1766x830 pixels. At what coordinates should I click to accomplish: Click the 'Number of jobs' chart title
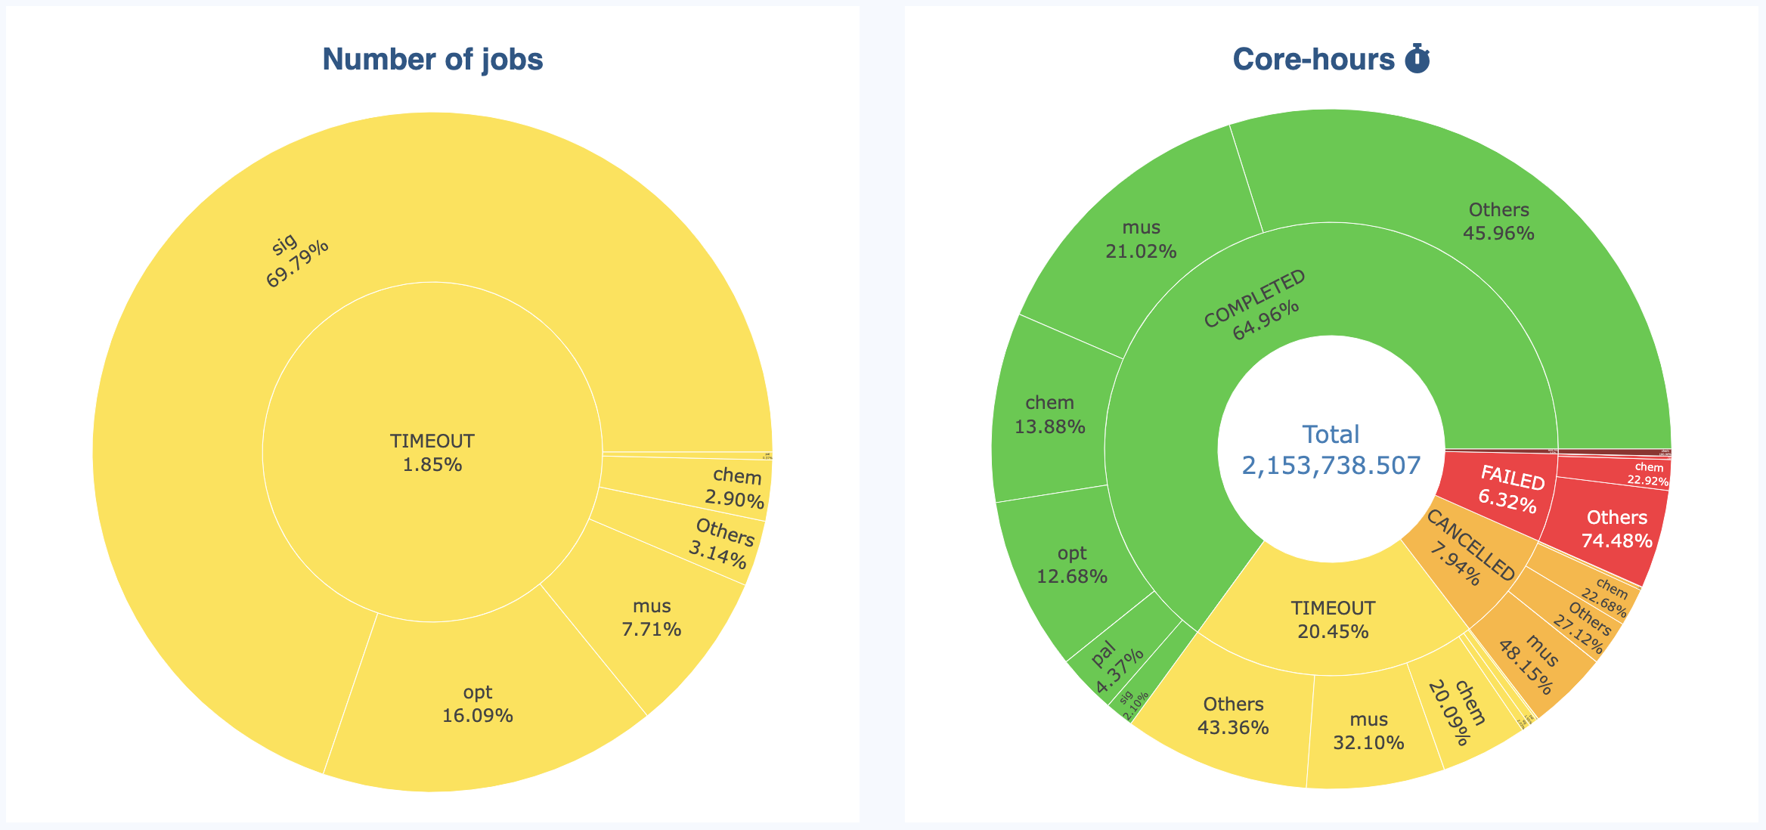[432, 60]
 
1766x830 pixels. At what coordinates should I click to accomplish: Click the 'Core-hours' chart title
[1313, 60]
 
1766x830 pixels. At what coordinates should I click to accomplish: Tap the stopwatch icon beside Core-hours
[1417, 59]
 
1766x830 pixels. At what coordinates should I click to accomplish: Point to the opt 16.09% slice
[478, 704]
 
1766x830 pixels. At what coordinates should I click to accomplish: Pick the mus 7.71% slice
[652, 618]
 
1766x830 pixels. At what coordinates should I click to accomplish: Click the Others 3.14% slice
[721, 544]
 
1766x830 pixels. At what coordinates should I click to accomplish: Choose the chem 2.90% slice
[736, 488]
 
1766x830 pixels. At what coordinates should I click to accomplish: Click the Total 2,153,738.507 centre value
[1331, 451]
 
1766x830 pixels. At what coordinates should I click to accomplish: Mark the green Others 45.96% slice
[1498, 221]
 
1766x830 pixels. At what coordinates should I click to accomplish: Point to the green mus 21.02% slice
[1141, 239]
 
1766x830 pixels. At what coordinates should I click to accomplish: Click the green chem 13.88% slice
[1049, 414]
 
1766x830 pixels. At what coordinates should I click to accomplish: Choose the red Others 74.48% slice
[1616, 528]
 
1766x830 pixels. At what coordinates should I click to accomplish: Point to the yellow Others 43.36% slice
[1233, 716]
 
